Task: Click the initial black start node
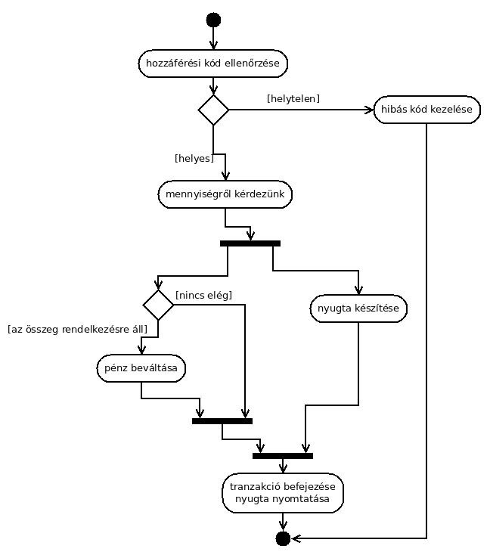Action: (x=213, y=20)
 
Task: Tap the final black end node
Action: (x=283, y=538)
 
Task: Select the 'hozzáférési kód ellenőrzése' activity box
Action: (x=212, y=64)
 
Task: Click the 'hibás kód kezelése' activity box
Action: (x=427, y=110)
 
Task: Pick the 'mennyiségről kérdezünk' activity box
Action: (x=225, y=194)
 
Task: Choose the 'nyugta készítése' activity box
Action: (x=358, y=309)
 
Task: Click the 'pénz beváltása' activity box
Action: (x=141, y=368)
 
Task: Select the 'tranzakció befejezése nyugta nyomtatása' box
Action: (x=283, y=493)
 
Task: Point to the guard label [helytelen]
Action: (x=293, y=99)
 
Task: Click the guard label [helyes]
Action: (x=194, y=158)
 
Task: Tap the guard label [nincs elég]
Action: (x=204, y=295)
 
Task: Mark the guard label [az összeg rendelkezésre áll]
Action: (x=78, y=330)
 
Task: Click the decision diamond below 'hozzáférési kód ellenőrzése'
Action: (x=213, y=110)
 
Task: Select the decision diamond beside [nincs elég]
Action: (x=158, y=305)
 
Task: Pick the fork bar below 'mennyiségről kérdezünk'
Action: (x=250, y=243)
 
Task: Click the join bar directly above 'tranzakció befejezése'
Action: (x=283, y=456)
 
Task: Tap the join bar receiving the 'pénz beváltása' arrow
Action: (x=222, y=421)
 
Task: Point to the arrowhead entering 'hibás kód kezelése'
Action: (x=369, y=110)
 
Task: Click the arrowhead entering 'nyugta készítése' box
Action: (x=358, y=290)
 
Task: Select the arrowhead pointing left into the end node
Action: (x=296, y=538)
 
